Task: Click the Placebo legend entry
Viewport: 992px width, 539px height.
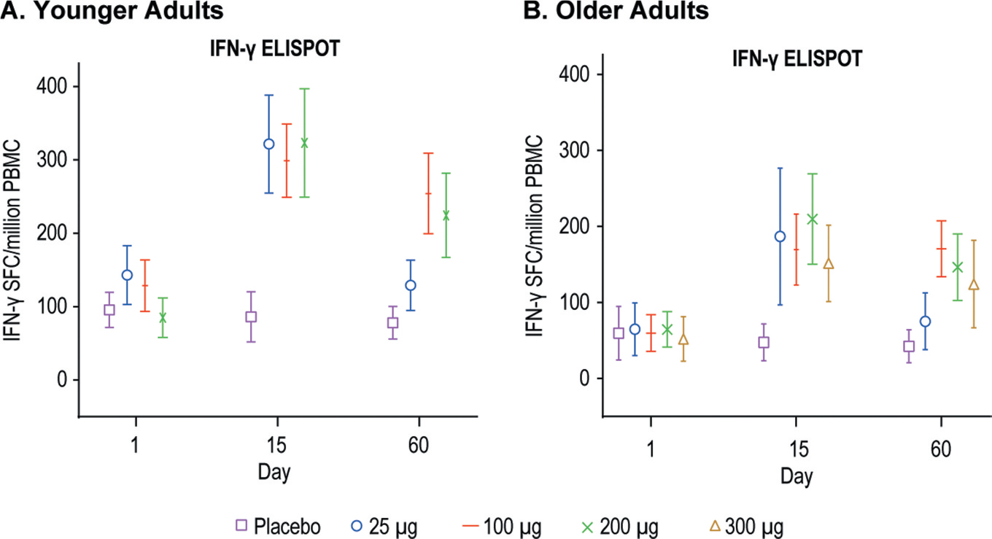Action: (x=277, y=525)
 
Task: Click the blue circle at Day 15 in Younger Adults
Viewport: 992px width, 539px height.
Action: (x=268, y=144)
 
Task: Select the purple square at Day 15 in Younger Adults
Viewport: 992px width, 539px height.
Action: (x=251, y=317)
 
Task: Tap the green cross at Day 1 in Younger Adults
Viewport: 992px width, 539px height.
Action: (x=163, y=318)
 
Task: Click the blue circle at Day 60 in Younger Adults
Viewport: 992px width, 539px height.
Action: (x=411, y=285)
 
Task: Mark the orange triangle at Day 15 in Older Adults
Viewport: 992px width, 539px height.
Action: (x=828, y=264)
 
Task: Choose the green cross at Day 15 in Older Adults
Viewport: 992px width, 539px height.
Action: (x=813, y=219)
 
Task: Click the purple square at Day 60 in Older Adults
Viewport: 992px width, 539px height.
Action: (x=909, y=346)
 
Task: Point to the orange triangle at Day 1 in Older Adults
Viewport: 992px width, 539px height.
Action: (x=683, y=340)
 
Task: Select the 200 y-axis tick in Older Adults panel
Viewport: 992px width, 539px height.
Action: (x=574, y=227)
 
